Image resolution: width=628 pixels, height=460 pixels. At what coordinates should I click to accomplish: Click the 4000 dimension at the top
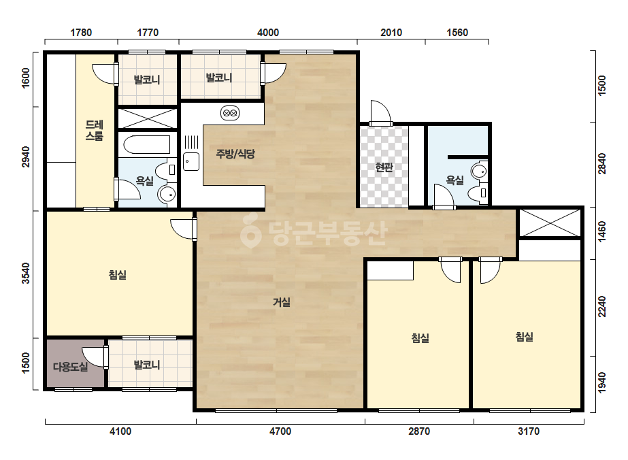coord(268,33)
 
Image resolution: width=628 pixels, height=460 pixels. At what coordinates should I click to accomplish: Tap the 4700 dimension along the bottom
coord(280,431)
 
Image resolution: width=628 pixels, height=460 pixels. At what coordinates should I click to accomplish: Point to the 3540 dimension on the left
coord(26,274)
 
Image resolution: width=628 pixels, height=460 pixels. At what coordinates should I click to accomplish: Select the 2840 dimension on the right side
coord(602,164)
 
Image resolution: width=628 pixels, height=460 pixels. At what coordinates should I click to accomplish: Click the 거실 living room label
coord(282,302)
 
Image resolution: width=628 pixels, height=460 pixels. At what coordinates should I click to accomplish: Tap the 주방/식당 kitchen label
coord(235,154)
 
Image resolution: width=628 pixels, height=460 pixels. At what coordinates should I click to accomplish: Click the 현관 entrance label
coord(384,167)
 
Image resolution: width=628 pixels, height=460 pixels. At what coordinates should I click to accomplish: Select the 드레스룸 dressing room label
coord(95,131)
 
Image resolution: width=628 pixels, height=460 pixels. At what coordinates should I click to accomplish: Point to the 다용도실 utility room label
coord(71,367)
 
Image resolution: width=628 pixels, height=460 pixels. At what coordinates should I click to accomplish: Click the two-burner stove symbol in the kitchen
coord(230,113)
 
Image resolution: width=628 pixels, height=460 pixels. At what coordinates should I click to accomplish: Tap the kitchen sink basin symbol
coord(191,162)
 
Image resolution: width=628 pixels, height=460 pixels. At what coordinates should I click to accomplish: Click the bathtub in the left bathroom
coord(147,145)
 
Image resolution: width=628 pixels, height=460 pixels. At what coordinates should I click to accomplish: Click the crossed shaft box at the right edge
coord(550,223)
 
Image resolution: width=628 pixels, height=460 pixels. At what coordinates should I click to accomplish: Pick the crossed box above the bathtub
coord(148,118)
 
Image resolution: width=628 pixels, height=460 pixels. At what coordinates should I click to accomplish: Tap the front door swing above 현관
coord(380,112)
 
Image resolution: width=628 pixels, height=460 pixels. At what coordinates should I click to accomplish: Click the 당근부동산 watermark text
coord(314,233)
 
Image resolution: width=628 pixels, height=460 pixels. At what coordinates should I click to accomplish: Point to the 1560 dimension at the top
coord(457,33)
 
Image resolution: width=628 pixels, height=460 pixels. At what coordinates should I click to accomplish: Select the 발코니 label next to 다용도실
coord(147,365)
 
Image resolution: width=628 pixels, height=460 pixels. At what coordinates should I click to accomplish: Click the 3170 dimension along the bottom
coord(529,431)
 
